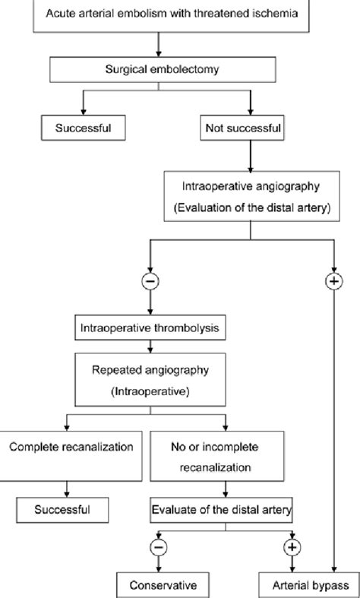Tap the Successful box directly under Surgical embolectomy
click(84, 128)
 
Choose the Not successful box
click(243, 128)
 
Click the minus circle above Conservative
click(159, 546)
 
